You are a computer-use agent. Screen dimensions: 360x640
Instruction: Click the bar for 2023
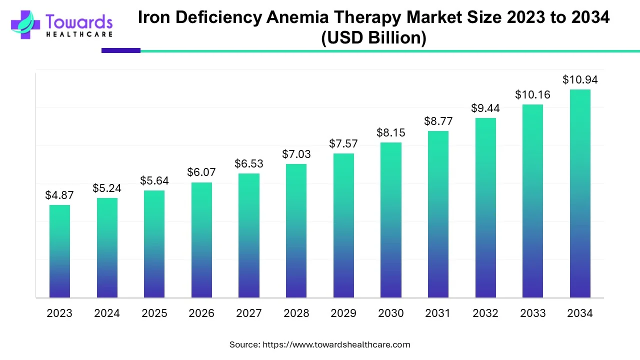click(59, 251)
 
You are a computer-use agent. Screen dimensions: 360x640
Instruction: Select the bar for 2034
click(580, 193)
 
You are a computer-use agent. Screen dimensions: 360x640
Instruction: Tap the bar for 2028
click(296, 230)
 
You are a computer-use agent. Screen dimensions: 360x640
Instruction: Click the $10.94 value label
click(580, 79)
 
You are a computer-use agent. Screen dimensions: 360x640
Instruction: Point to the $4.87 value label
click(59, 195)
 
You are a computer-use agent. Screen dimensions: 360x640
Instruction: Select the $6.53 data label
click(249, 163)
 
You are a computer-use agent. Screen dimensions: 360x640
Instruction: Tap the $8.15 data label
click(390, 133)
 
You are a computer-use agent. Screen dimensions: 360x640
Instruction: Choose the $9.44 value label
click(485, 108)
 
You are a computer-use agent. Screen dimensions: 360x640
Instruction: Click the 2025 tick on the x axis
click(154, 313)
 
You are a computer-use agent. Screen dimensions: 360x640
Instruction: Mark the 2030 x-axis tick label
click(390, 313)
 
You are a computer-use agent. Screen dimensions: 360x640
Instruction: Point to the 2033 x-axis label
click(532, 313)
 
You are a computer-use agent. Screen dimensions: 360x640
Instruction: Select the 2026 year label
click(201, 313)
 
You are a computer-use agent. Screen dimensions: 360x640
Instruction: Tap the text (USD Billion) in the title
click(373, 38)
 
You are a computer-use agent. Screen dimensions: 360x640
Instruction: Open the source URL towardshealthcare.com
click(336, 344)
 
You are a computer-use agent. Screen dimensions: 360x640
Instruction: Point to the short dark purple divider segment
click(121, 50)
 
